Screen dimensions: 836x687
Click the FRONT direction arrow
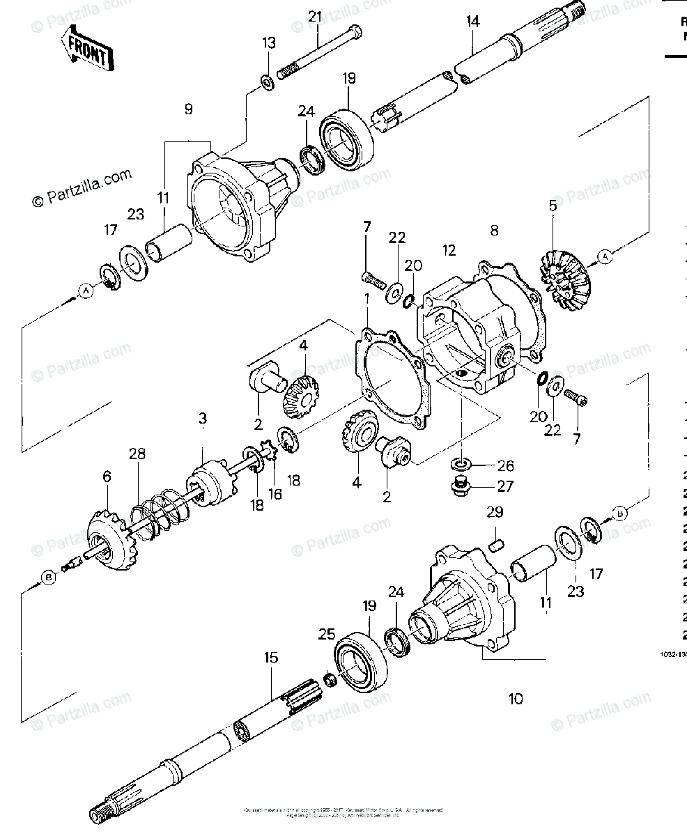(87, 49)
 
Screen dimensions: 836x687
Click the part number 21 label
(315, 16)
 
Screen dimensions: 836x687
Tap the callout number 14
(473, 22)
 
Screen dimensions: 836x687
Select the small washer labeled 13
(268, 84)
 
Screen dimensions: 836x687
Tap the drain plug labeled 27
(459, 489)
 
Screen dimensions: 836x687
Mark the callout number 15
(271, 657)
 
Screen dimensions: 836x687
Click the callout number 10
(515, 699)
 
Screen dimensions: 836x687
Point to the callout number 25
(325, 634)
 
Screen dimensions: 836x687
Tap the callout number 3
(202, 419)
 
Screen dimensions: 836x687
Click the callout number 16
(276, 494)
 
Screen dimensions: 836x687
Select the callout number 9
(188, 109)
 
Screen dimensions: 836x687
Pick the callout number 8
(494, 231)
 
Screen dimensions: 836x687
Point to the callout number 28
(137, 454)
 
